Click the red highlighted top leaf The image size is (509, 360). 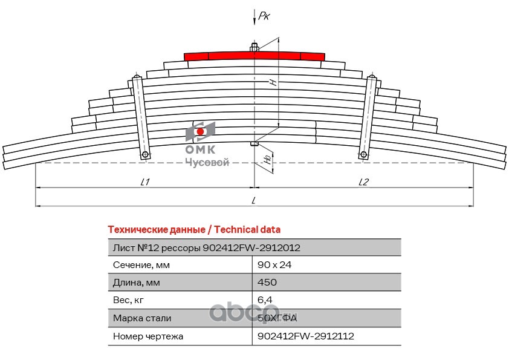(254, 56)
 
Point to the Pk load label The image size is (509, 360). (264, 16)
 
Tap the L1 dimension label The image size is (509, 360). (144, 182)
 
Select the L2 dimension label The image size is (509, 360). (363, 182)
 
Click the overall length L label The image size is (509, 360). (254, 200)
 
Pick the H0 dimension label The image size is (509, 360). (267, 160)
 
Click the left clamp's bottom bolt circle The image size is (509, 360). (146, 155)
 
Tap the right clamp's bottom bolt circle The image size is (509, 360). (363, 155)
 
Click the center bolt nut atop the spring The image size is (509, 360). (254, 47)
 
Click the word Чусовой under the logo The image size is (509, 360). (206, 162)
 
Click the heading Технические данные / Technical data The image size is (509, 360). (193, 230)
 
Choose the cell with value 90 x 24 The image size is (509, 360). (271, 265)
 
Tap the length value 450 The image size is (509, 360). (267, 283)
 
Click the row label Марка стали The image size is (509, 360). (142, 318)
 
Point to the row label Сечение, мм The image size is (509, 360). (141, 265)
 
